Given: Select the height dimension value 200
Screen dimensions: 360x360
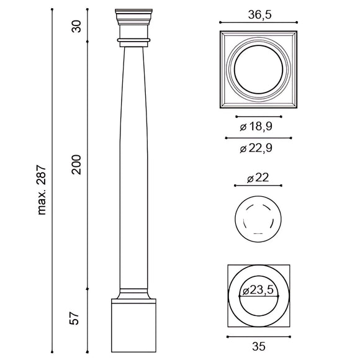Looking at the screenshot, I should coord(76,164).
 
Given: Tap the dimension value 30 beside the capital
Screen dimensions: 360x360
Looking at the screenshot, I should coord(76,25).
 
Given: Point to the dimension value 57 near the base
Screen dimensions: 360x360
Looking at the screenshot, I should coord(76,319).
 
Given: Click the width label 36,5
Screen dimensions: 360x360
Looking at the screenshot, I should coord(259,14).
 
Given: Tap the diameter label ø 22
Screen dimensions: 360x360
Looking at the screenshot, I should coord(259,178).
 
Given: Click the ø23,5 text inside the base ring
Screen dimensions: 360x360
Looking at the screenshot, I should coord(259,291).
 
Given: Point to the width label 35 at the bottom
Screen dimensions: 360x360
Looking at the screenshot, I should coord(259,347).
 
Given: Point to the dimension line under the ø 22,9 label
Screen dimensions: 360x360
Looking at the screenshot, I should coord(259,137).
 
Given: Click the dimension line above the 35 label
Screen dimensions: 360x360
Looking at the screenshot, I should coord(259,337).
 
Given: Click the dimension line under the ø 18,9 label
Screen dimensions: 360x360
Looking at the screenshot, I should coord(259,116).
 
